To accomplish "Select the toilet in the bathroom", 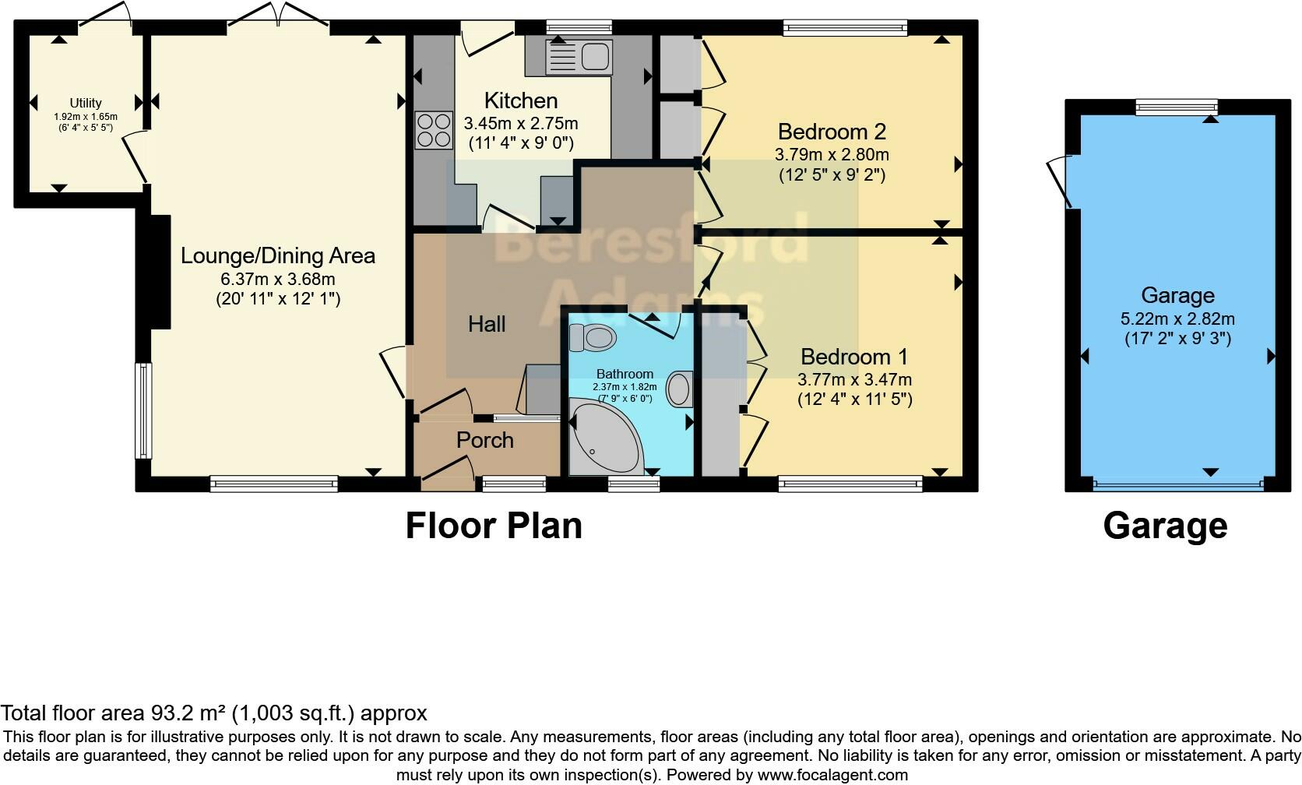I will pyautogui.click(x=593, y=338).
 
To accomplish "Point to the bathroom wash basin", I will pyautogui.click(x=680, y=389).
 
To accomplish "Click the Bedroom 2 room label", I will pyautogui.click(x=832, y=132).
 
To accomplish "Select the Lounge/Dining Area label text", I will pyautogui.click(x=278, y=255).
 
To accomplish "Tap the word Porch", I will pyautogui.click(x=484, y=440).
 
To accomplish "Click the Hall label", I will pyautogui.click(x=487, y=324).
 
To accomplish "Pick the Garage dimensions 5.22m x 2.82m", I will pyautogui.click(x=1177, y=319).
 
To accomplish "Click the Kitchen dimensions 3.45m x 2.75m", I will pyautogui.click(x=521, y=123).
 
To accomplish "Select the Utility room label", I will pyautogui.click(x=86, y=103).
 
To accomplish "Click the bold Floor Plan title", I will pyautogui.click(x=494, y=526).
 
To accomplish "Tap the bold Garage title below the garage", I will pyautogui.click(x=1165, y=526).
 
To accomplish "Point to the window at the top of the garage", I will pyautogui.click(x=1176, y=107).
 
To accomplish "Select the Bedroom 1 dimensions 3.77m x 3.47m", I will pyautogui.click(x=854, y=380).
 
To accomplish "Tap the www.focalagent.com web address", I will pyautogui.click(x=832, y=775).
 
